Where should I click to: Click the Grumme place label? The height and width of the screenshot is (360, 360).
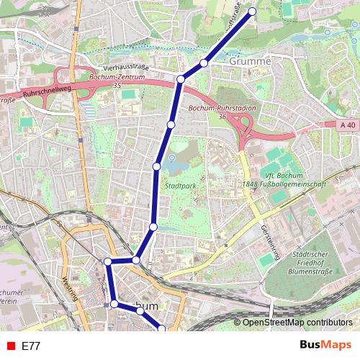[x=251, y=62]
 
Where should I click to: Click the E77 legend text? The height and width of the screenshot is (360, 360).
[x=31, y=346]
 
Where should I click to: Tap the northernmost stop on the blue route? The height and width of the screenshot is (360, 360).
[x=253, y=11]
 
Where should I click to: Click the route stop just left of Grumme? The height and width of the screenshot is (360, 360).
[x=204, y=63]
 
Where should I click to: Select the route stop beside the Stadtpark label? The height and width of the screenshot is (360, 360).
[x=156, y=166]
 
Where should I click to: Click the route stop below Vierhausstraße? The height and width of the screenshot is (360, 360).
[x=181, y=79]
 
